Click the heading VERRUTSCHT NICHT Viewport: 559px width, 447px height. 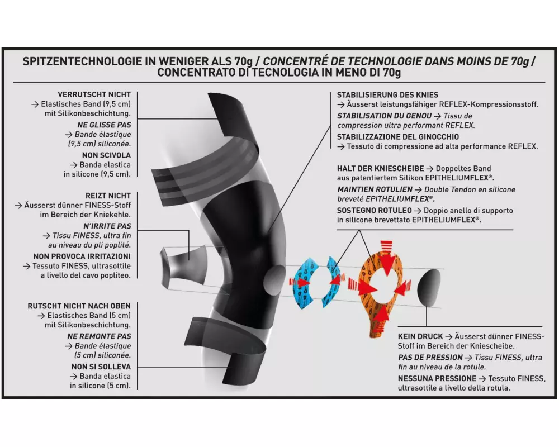pyautogui.click(x=94, y=94)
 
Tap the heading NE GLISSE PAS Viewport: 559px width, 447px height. pyautogui.click(x=104, y=125)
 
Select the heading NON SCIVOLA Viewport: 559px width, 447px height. pyautogui.click(x=106, y=155)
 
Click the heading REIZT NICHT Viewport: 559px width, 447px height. pyautogui.click(x=108, y=196)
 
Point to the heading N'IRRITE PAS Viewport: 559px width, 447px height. pyautogui.click(x=107, y=226)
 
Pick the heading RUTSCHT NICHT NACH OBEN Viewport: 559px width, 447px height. pyautogui.click(x=79, y=306)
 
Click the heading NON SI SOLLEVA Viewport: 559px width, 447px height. pyautogui.click(x=101, y=367)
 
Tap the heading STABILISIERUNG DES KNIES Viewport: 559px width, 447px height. pyautogui.click(x=387, y=95)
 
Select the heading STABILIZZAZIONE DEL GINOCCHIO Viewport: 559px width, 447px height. pyautogui.click(x=398, y=136)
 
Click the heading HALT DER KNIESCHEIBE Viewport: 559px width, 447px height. pyautogui.click(x=380, y=168)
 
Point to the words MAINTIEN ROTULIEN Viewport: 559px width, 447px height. pyautogui.click(x=375, y=189)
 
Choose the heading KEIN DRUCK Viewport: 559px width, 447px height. pyautogui.click(x=420, y=336)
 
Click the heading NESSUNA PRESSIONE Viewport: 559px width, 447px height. pyautogui.click(x=437, y=378)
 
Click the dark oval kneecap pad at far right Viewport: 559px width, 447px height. pyautogui.click(x=429, y=288)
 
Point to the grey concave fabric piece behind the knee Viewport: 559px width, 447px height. pyautogui.click(x=183, y=265)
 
